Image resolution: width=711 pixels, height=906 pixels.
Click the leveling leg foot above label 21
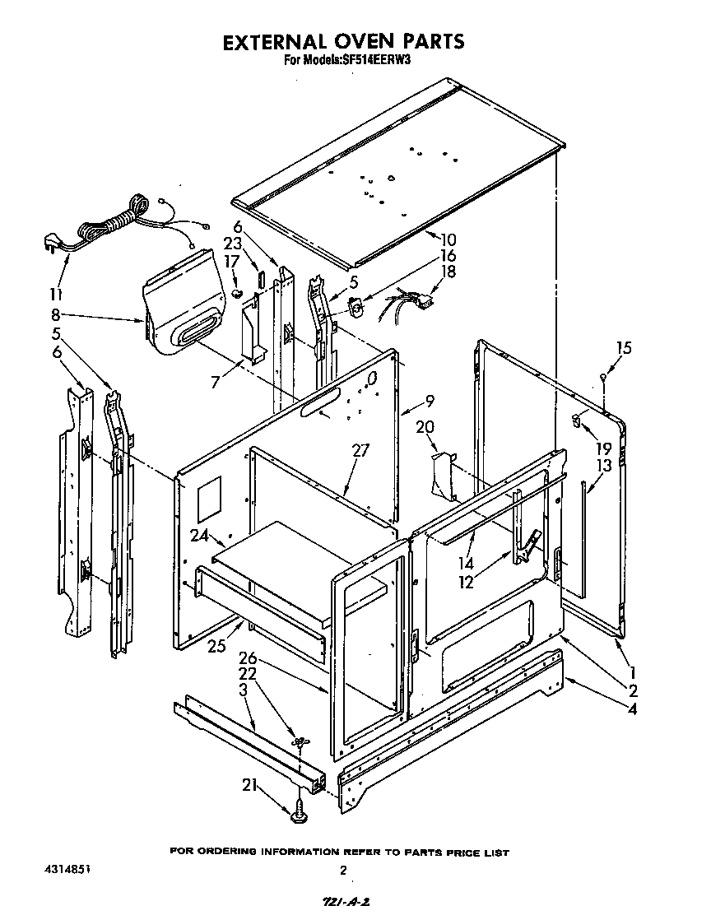tap(299, 814)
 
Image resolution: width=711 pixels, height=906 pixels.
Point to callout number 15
tap(624, 348)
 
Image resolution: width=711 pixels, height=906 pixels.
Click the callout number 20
tap(425, 426)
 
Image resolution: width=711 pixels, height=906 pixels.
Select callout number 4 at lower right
tap(633, 709)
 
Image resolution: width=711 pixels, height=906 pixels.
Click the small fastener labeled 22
tap(300, 743)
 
